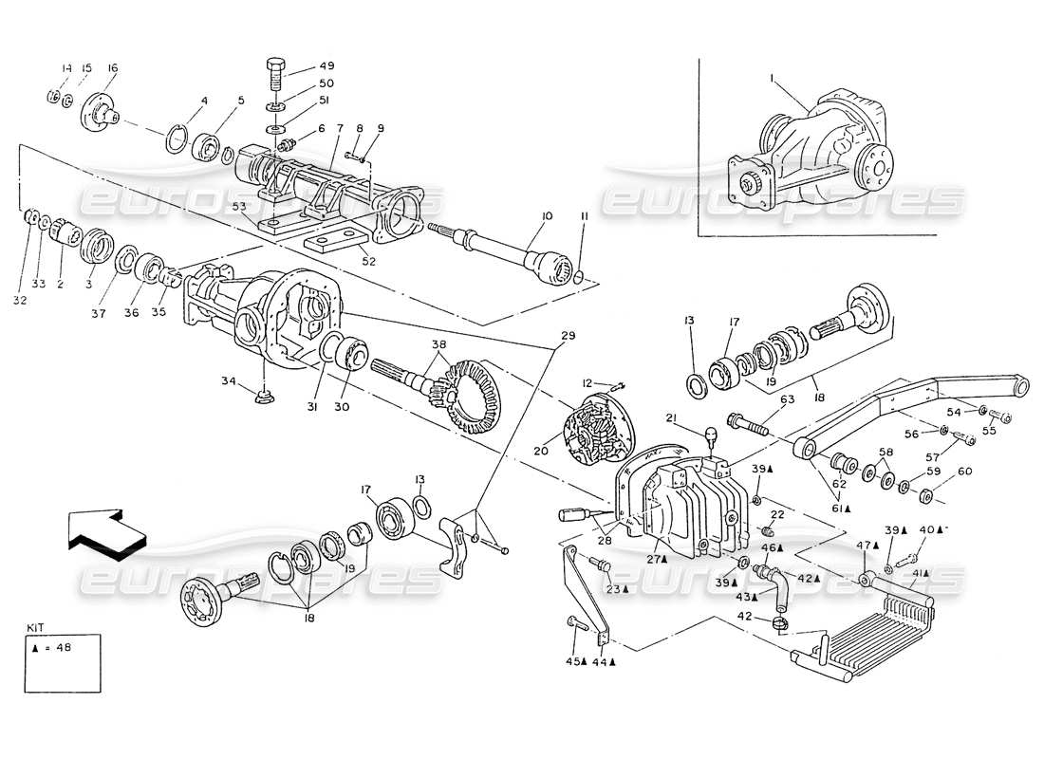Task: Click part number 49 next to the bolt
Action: point(301,66)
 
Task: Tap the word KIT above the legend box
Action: point(36,628)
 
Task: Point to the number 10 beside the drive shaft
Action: point(546,217)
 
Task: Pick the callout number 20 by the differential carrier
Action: point(540,452)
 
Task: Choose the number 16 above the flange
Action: point(113,68)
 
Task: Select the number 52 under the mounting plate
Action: point(369,261)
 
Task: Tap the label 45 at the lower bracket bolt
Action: point(571,660)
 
